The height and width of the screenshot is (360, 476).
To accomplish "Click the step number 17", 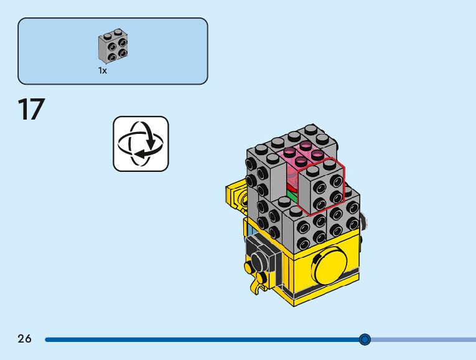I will point(31,110).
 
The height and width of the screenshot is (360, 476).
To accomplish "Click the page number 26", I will point(24,339).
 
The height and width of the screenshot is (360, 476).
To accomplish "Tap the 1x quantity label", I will point(103,71).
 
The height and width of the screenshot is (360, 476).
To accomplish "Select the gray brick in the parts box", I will point(113,47).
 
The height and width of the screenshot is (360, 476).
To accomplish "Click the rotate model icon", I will point(141,144).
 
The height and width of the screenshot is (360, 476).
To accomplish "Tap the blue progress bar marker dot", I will point(365,339).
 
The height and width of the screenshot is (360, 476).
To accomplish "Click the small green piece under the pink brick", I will point(292,196).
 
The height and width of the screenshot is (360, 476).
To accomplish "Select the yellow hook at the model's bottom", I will point(255,287).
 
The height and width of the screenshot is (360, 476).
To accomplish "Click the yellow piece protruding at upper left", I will point(235,194).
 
